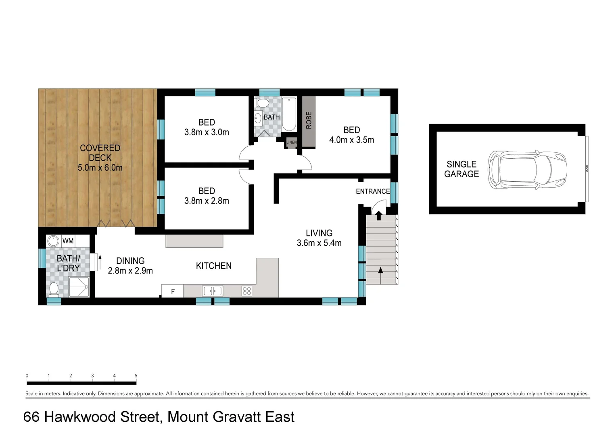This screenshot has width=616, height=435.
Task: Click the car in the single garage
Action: point(527,170)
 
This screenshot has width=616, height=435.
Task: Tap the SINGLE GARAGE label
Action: point(461,169)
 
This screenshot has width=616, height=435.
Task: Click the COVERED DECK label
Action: point(100,153)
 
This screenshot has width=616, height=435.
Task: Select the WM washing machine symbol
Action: point(53,241)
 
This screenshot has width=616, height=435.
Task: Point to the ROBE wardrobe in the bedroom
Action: point(309,121)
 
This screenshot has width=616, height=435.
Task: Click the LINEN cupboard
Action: point(291,143)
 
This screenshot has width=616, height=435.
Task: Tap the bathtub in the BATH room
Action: point(289,114)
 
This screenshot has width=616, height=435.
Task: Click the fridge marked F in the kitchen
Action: point(173,291)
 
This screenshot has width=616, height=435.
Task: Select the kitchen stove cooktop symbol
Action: point(247,291)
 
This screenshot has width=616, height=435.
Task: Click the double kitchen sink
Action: point(213,291)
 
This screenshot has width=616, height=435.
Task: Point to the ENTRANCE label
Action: point(372,191)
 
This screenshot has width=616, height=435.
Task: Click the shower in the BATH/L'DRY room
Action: point(79,287)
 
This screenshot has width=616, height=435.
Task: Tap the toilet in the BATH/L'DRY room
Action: point(54,289)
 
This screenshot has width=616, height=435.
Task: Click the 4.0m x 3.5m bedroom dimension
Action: point(351,140)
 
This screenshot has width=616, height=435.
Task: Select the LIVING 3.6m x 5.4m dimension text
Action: point(319,243)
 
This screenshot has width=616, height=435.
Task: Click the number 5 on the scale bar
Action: point(136,375)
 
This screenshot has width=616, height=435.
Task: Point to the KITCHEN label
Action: point(213,266)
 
